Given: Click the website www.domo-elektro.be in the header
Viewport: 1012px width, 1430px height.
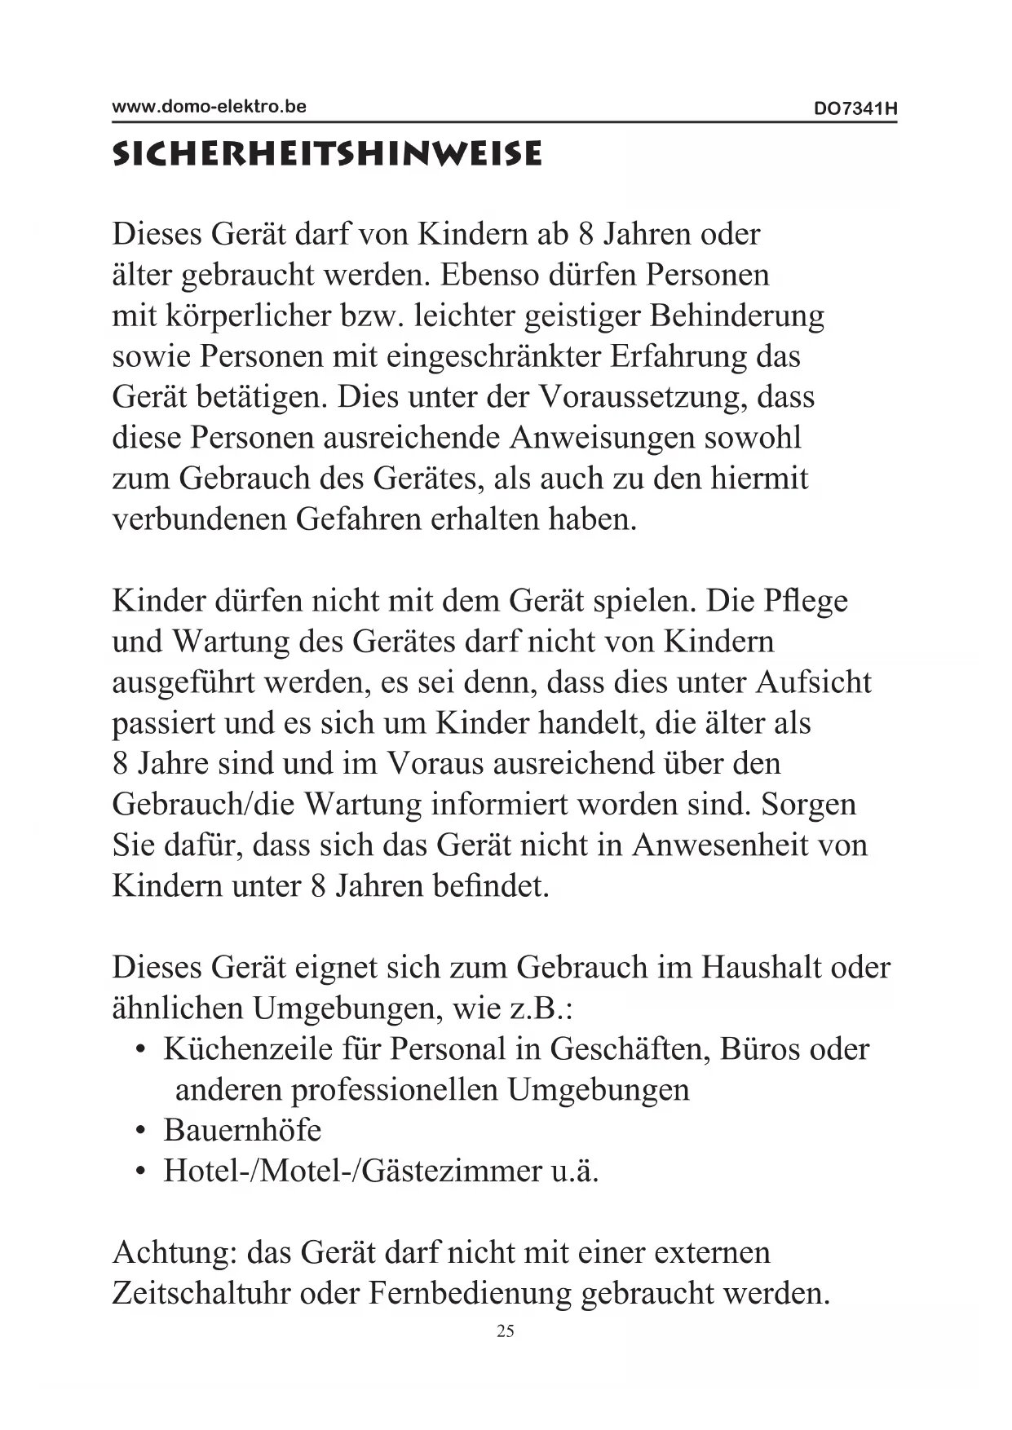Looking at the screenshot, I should [x=209, y=106].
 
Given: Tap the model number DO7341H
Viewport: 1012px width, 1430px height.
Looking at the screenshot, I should [x=855, y=108].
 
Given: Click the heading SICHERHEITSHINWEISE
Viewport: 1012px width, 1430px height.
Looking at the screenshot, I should [x=326, y=153].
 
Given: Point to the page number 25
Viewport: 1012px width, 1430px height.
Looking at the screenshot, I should [x=506, y=1331].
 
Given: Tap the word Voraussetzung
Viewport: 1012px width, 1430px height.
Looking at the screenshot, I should [x=643, y=398].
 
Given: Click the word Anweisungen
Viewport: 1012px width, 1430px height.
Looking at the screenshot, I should [x=602, y=438].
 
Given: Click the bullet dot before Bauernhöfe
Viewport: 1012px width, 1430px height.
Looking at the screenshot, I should [x=142, y=1132].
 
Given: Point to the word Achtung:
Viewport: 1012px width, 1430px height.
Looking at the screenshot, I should [x=174, y=1253].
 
